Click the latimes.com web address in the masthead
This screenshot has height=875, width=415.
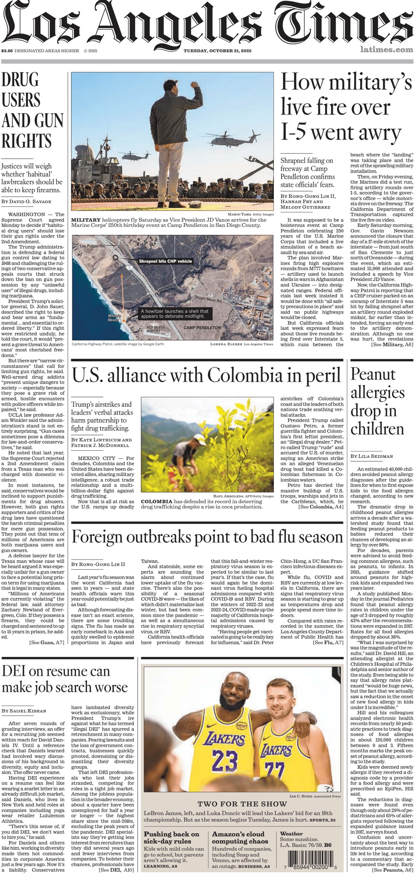(386, 50)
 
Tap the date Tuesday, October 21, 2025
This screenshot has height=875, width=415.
(217, 51)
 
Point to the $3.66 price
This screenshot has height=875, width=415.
(7, 51)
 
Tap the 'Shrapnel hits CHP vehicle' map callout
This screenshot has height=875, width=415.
(165, 251)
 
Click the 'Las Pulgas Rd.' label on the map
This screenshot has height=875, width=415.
(92, 246)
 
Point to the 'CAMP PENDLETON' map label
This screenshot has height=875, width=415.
(202, 328)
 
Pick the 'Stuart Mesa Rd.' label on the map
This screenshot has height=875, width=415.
(208, 300)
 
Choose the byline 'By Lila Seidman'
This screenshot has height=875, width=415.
(372, 456)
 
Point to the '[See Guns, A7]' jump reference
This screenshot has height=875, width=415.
(47, 633)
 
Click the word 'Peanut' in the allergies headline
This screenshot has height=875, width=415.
(373, 375)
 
